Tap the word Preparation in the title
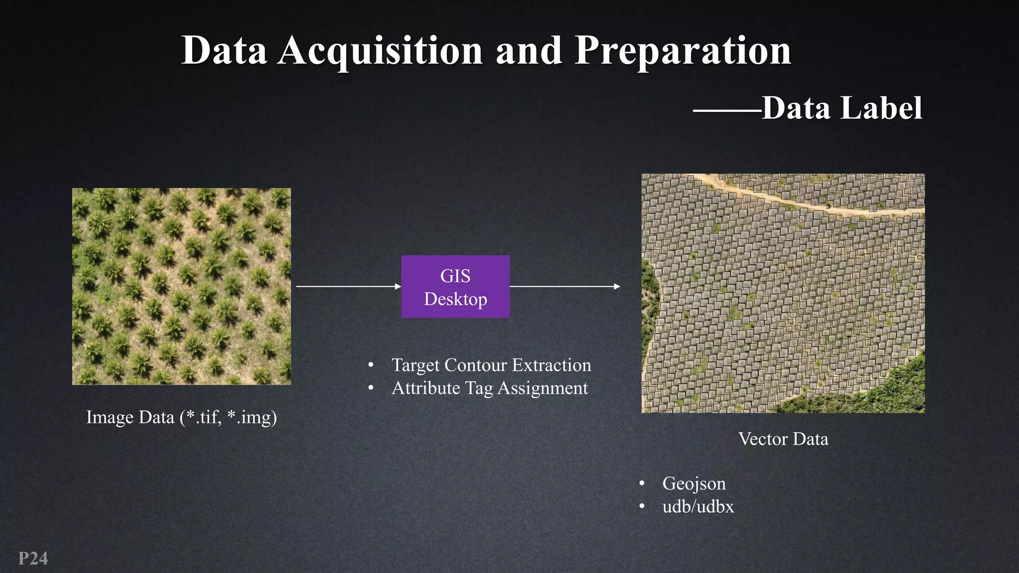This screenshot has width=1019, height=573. (683, 51)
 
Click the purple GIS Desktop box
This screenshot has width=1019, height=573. (455, 286)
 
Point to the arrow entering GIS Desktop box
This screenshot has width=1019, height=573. (348, 286)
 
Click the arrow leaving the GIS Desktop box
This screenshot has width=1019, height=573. (565, 286)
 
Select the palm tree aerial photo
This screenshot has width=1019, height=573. (182, 286)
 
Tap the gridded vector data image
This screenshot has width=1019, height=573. (783, 293)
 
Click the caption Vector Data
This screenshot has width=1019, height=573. (783, 439)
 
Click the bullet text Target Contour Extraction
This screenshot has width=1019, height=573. (491, 365)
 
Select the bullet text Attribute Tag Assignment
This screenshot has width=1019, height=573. (490, 388)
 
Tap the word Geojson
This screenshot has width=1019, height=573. (694, 483)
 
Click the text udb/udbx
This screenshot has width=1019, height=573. (698, 506)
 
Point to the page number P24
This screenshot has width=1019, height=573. (33, 558)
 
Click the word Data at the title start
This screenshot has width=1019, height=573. (224, 51)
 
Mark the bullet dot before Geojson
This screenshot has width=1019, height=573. (642, 483)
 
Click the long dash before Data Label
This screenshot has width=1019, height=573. (726, 110)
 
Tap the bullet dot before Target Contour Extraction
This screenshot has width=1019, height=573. (371, 366)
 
